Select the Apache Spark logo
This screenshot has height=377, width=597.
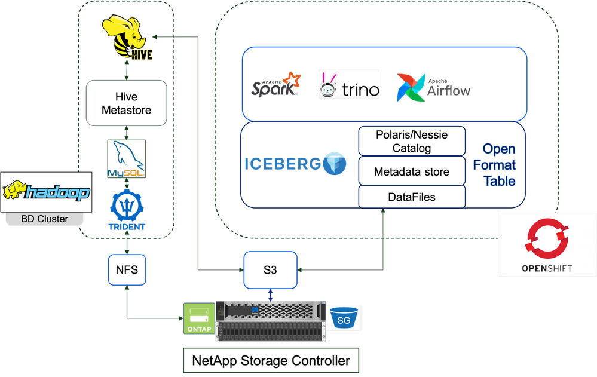pyautogui.click(x=273, y=85)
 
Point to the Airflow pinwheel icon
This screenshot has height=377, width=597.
pyautogui.click(x=411, y=88)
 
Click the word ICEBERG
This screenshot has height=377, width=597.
pyautogui.click(x=282, y=164)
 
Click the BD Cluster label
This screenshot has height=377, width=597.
pyautogui.click(x=44, y=219)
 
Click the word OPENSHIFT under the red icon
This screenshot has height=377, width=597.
pyautogui.click(x=547, y=268)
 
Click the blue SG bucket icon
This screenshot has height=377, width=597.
pyautogui.click(x=345, y=317)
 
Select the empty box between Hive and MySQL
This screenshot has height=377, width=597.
pyautogui.click(x=126, y=103)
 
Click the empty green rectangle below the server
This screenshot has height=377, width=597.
pyautogui.click(x=271, y=361)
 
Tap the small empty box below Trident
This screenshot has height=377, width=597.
pyautogui.click(x=127, y=269)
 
